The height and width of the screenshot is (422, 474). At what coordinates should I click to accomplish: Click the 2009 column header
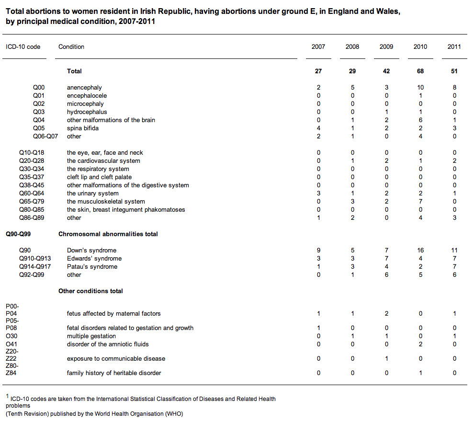pyautogui.click(x=386, y=47)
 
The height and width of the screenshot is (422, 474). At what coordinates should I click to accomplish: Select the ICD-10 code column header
pyautogui.click(x=23, y=47)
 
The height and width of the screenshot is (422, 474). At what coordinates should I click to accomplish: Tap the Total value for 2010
pyautogui.click(x=420, y=71)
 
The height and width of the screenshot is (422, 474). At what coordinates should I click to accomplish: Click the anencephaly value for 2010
pyautogui.click(x=420, y=88)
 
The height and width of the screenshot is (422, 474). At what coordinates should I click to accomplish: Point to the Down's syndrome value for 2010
pyautogui.click(x=420, y=250)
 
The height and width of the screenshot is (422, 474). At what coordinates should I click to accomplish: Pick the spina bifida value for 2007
pyautogui.click(x=318, y=128)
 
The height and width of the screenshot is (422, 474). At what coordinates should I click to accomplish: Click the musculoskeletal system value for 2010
pyautogui.click(x=420, y=202)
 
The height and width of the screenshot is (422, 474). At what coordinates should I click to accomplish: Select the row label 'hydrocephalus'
pyautogui.click(x=87, y=112)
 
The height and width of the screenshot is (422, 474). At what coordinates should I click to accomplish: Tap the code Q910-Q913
pyautogui.click(x=35, y=258)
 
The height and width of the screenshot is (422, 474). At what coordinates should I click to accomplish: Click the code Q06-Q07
pyautogui.click(x=45, y=137)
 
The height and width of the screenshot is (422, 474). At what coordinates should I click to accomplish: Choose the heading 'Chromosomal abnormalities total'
pyautogui.click(x=108, y=234)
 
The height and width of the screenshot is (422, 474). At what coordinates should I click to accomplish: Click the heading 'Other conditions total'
pyautogui.click(x=90, y=291)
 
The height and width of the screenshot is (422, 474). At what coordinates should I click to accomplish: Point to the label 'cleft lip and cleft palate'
pyautogui.click(x=99, y=177)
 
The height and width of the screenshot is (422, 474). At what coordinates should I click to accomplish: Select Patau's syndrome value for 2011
pyautogui.click(x=454, y=266)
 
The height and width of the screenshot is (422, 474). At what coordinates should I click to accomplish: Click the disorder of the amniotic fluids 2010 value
pyautogui.click(x=420, y=344)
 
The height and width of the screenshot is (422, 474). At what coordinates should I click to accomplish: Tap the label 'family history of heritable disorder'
pyautogui.click(x=114, y=373)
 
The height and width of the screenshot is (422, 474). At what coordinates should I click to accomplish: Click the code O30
pyautogui.click(x=11, y=336)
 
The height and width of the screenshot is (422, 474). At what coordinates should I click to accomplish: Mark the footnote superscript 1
pyautogui.click(x=8, y=396)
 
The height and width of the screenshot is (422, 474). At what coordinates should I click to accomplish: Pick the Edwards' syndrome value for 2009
pyautogui.click(x=386, y=258)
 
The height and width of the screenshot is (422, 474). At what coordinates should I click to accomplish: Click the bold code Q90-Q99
pyautogui.click(x=18, y=234)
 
